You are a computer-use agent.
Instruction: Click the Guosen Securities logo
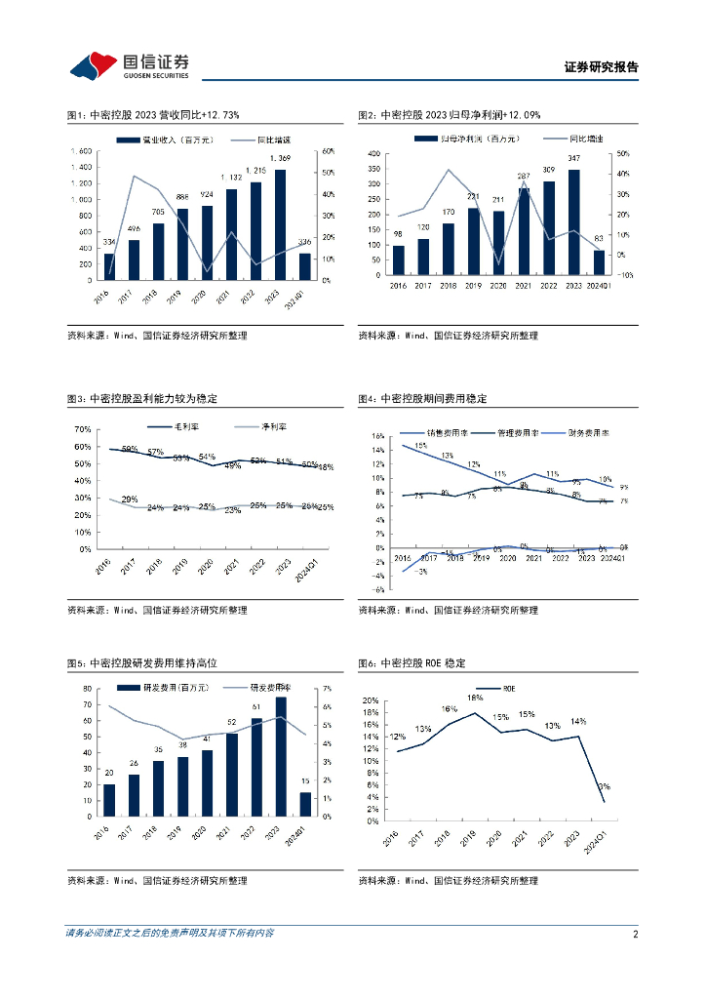[129, 65]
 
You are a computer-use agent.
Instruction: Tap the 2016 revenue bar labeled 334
[109, 267]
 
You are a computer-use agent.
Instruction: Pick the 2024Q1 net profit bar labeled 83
[599, 262]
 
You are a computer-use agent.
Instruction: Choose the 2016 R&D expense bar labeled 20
[109, 801]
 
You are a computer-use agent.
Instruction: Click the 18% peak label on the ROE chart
[475, 698]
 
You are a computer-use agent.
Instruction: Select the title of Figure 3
[141, 399]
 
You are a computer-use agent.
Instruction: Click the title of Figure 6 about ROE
[412, 663]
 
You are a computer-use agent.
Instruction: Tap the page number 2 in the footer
[635, 934]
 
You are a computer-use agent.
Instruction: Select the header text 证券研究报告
[602, 67]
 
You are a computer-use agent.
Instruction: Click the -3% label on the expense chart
[421, 572]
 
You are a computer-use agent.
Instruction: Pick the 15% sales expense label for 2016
[420, 446]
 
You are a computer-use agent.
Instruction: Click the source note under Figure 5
[156, 881]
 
